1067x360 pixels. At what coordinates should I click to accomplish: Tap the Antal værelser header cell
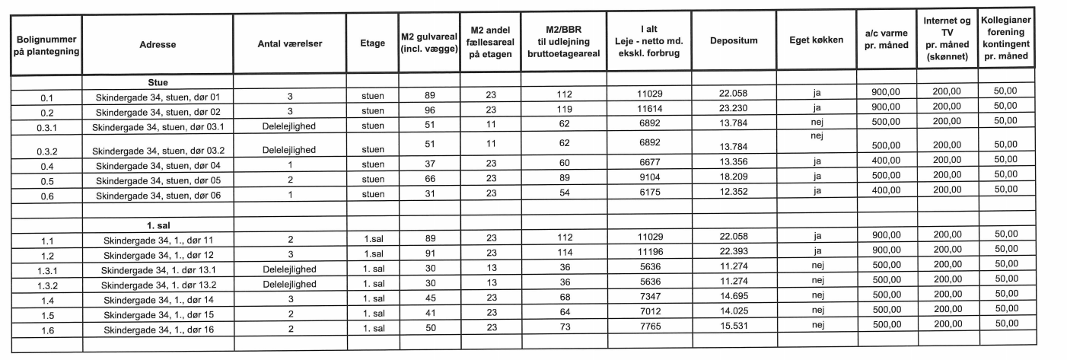pyautogui.click(x=290, y=44)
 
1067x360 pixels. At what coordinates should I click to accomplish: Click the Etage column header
pyautogui.click(x=371, y=44)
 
